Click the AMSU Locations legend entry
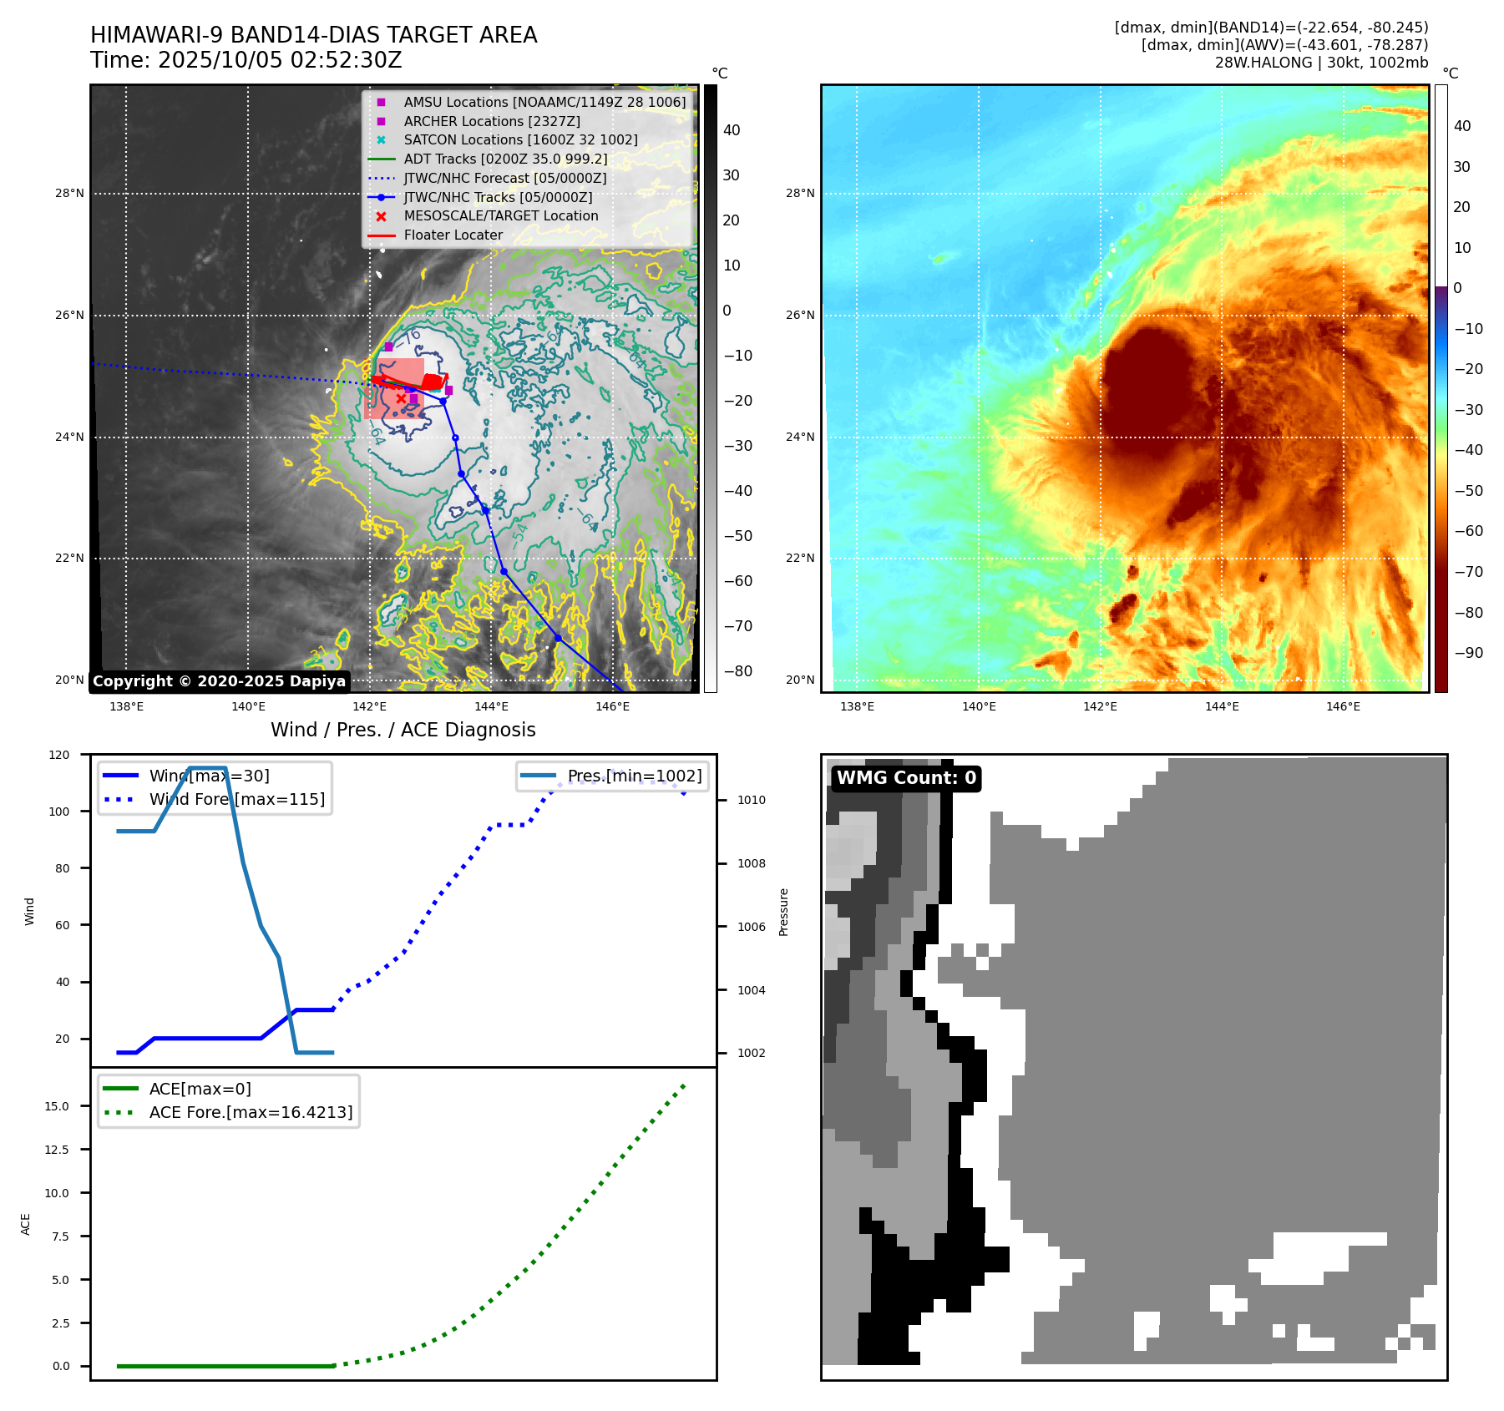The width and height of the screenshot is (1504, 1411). (x=544, y=102)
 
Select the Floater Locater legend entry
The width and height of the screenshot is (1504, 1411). (x=453, y=235)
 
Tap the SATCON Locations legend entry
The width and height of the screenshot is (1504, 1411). (x=520, y=140)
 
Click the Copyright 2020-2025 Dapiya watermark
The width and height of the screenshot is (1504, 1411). (x=219, y=681)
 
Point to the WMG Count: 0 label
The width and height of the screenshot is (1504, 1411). (x=906, y=778)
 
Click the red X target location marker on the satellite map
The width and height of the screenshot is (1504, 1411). (x=401, y=399)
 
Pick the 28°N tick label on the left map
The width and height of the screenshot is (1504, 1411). (x=70, y=194)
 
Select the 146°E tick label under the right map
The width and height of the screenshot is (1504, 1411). (x=1343, y=707)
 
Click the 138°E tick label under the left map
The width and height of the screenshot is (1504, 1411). (x=127, y=707)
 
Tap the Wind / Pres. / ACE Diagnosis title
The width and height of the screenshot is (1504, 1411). (x=403, y=730)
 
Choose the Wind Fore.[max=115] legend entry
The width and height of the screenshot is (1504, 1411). (x=236, y=799)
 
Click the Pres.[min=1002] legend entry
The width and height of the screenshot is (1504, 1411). (x=634, y=776)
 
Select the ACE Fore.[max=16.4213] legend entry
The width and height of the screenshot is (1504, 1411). (x=251, y=1112)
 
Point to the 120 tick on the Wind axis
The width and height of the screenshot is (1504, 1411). (x=59, y=755)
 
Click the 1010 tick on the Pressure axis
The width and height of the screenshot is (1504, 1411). (x=751, y=800)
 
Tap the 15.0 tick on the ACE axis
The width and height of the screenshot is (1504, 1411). (x=57, y=1106)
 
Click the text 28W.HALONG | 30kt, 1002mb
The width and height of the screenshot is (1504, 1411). (x=1321, y=63)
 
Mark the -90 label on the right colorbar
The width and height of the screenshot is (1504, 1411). (x=1468, y=653)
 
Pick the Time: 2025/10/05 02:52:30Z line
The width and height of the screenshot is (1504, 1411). (x=246, y=60)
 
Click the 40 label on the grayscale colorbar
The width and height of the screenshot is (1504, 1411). (x=732, y=130)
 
